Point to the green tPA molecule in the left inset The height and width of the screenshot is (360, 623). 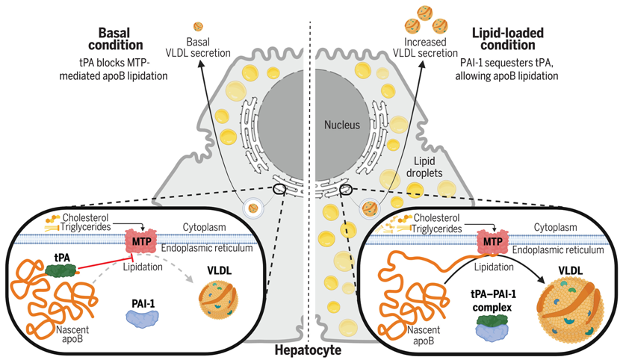(x=66, y=267)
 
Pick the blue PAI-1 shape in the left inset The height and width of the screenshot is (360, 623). (x=140, y=316)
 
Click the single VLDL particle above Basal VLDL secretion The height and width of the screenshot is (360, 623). (x=198, y=26)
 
